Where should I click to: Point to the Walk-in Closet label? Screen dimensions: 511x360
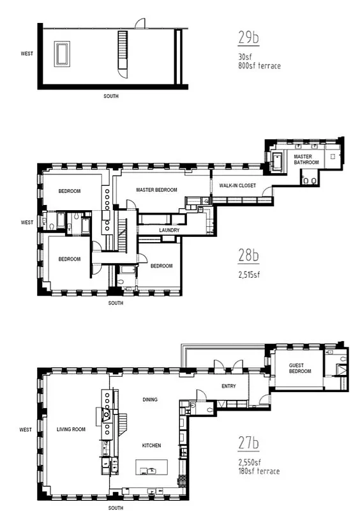(237, 185)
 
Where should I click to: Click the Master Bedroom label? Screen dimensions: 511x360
(156, 190)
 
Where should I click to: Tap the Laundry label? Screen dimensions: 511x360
(169, 231)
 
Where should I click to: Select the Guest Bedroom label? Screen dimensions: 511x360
(299, 368)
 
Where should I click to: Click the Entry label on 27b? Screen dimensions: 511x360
(229, 386)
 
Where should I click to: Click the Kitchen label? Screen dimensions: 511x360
(151, 445)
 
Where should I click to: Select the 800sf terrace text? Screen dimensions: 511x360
(255, 65)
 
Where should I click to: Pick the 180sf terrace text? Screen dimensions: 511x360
(258, 471)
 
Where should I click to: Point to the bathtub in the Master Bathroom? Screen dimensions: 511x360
(278, 162)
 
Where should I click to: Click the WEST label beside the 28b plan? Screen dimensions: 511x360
(26, 223)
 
